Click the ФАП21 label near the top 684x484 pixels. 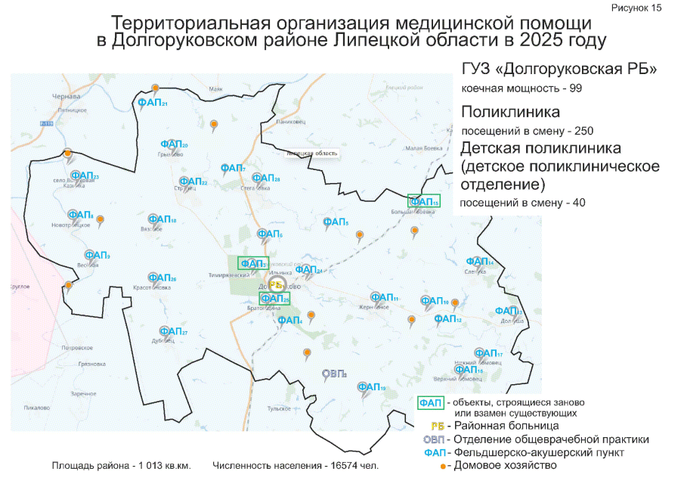click(152, 103)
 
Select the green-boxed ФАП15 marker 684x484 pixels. click(423, 201)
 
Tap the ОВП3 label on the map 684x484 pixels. click(333, 374)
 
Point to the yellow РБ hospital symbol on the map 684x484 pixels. click(277, 285)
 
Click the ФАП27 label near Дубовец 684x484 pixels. click(173, 331)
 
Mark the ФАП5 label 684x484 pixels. click(335, 222)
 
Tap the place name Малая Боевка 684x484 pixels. click(422, 148)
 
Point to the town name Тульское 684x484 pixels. click(278, 408)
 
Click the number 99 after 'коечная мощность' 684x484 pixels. click(574, 89)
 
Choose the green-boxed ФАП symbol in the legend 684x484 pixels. click(432, 402)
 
